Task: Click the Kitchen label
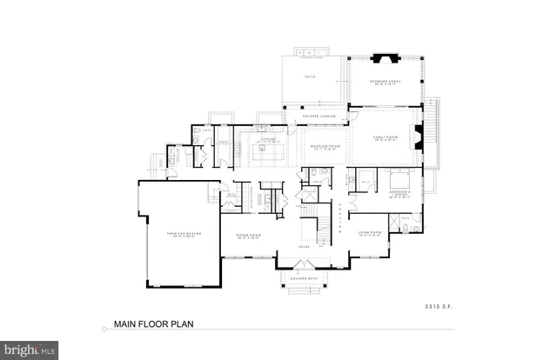(x=266, y=139)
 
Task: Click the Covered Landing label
(x=313, y=116)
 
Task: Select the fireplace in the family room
(x=419, y=137)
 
